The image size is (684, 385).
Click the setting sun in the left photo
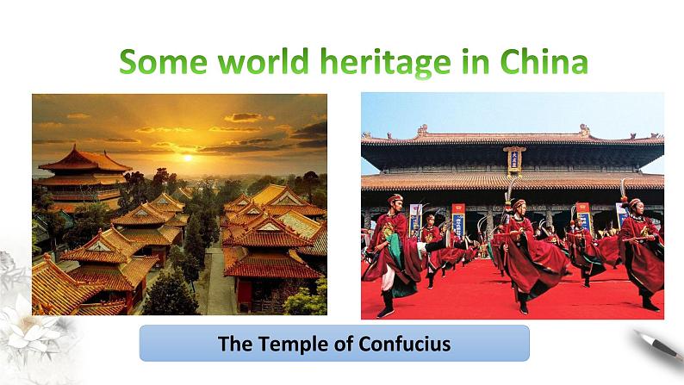tap(187, 158)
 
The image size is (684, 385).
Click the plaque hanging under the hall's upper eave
tap(514, 159)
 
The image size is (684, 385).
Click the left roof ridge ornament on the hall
tap(421, 131)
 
